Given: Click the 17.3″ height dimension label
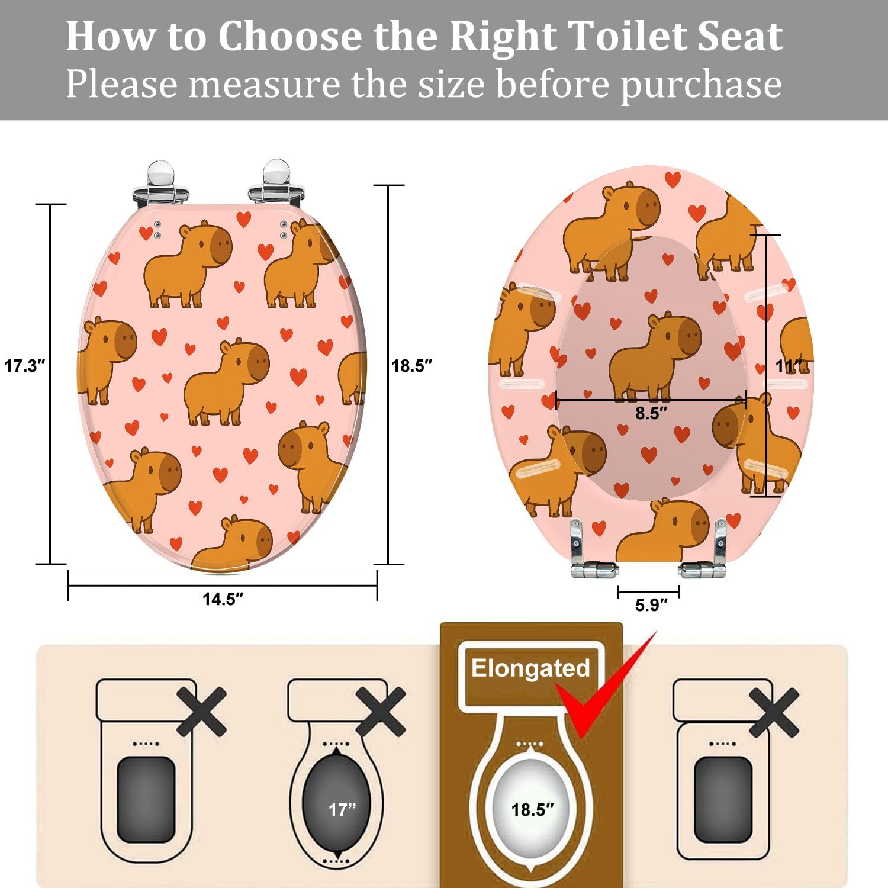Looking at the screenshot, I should click(24, 366).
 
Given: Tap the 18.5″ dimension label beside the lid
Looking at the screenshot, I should click(411, 366).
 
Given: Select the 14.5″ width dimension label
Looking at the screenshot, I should click(223, 599).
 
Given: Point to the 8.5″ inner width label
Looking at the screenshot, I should click(651, 413).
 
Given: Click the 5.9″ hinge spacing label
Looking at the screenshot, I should click(651, 605).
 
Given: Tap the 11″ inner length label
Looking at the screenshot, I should click(789, 367).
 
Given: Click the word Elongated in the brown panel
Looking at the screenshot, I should click(530, 668).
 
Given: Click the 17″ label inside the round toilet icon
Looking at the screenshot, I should click(342, 809).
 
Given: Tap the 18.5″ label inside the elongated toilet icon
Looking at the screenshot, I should click(532, 809).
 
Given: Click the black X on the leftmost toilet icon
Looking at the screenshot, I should click(201, 712).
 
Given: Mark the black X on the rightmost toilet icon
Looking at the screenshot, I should click(774, 712).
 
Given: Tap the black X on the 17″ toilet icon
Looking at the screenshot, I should click(381, 712).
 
